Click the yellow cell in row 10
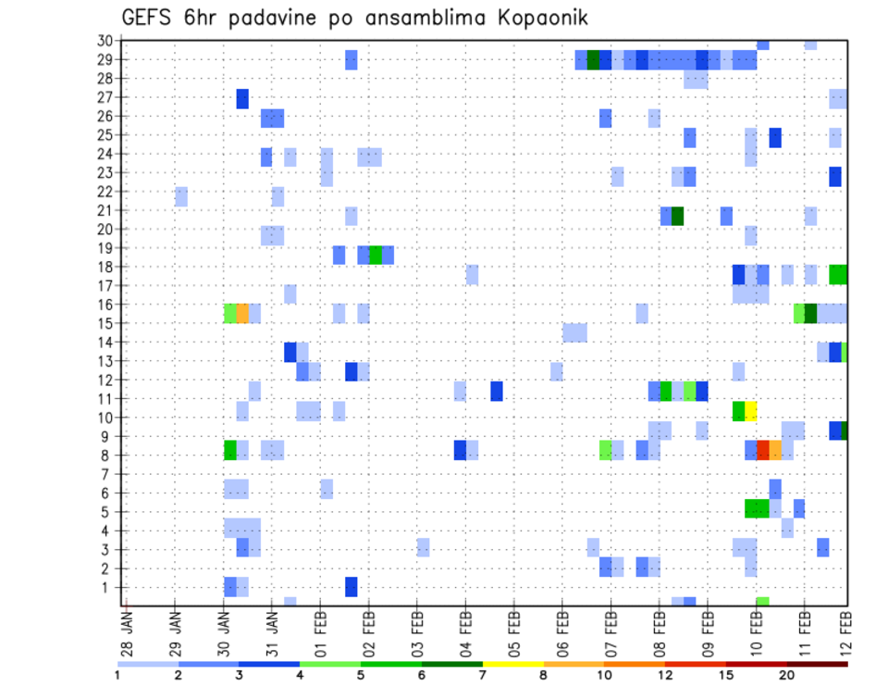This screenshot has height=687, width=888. click(751, 410)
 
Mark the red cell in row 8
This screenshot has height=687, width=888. click(763, 449)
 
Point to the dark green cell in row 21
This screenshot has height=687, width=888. click(678, 216)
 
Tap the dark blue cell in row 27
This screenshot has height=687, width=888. click(242, 98)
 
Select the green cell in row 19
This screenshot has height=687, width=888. click(376, 255)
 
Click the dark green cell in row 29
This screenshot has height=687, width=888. click(593, 59)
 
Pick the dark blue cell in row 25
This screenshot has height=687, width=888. click(775, 137)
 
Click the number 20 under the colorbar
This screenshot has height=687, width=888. click(787, 675)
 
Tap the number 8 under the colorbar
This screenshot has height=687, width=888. click(544, 675)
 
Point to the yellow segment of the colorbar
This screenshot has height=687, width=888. click(512, 663)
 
